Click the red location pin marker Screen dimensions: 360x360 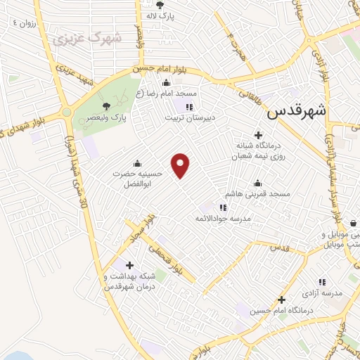[181, 165]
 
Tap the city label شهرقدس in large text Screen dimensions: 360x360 [298, 110]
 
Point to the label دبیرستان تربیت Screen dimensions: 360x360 [188, 119]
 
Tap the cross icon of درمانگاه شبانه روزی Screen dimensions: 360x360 [259, 134]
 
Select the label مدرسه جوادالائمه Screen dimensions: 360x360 [223, 219]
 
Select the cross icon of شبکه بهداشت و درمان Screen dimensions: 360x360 [129, 265]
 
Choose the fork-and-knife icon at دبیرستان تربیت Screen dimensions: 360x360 [188, 107]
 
